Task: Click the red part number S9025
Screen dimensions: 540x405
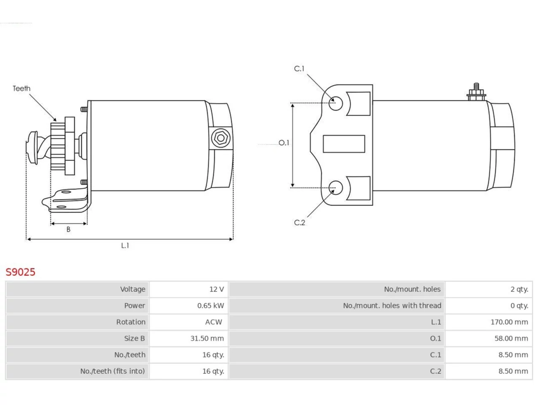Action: [x=20, y=272]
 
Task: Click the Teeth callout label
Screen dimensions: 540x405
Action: [x=22, y=88]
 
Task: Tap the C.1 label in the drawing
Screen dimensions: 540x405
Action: [x=299, y=69]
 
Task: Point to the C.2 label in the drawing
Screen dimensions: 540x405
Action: [x=300, y=223]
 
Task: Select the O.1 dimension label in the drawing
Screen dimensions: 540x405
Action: [x=284, y=143]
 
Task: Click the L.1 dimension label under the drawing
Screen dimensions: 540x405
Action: [x=125, y=246]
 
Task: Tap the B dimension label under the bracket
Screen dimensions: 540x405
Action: [x=68, y=229]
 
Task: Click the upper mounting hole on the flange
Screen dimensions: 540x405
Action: [x=335, y=103]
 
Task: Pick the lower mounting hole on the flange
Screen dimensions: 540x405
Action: [x=335, y=188]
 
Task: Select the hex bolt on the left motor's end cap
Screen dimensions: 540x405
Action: [x=221, y=138]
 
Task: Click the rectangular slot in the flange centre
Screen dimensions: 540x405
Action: [x=344, y=144]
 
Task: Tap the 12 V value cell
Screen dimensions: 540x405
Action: [x=216, y=289]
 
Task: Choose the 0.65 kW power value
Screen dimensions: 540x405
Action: [x=211, y=306]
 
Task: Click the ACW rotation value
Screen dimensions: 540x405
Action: [x=213, y=322]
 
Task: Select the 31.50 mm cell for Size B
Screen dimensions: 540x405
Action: [x=207, y=339]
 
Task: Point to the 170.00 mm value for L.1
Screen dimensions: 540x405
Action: [x=509, y=322]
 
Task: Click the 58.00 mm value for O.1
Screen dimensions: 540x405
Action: [x=511, y=339]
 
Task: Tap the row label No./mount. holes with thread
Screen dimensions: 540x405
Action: [x=392, y=306]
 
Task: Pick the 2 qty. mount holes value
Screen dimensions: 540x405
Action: [x=519, y=289]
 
